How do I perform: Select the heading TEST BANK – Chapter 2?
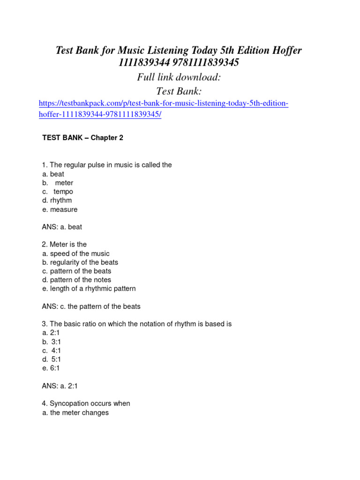pos(82,138)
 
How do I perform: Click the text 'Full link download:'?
pos(179,77)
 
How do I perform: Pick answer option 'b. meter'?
pos(58,183)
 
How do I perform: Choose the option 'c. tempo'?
pos(58,192)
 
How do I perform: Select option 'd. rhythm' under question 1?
pos(57,201)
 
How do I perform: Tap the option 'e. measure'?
pos(60,210)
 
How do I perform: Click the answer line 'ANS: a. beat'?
pos(62,227)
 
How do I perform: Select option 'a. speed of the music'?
pos(76,254)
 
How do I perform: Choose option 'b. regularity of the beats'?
pos(80,262)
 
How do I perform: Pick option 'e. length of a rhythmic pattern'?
pos(89,289)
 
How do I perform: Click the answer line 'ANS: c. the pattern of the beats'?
pos(91,307)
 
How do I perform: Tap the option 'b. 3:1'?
pos(52,342)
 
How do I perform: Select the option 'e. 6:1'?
pos(51,368)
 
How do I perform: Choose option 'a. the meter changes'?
pos(75,413)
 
